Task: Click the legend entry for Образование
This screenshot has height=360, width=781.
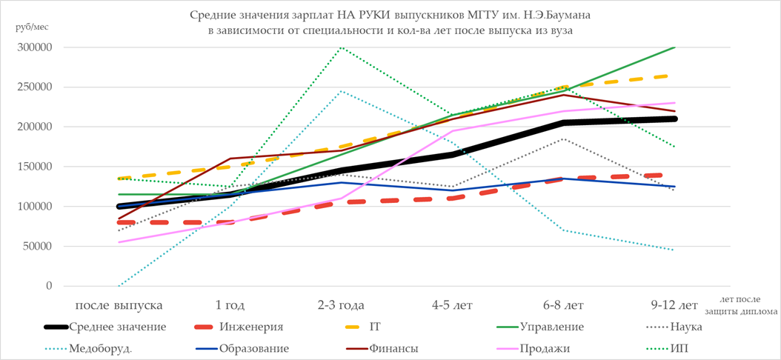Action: pos(253,348)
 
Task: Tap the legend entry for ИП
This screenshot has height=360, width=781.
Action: pos(694,348)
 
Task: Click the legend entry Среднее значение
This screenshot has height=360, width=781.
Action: pos(117,327)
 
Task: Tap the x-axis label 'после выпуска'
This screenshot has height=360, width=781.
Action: pos(118,304)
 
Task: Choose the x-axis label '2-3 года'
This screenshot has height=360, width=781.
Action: pos(341,304)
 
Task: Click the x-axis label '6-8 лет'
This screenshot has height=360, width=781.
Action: pos(564,304)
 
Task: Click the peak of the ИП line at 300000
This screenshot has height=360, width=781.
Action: pos(341,47)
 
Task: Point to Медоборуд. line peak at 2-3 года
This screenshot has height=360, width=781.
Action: pos(341,91)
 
